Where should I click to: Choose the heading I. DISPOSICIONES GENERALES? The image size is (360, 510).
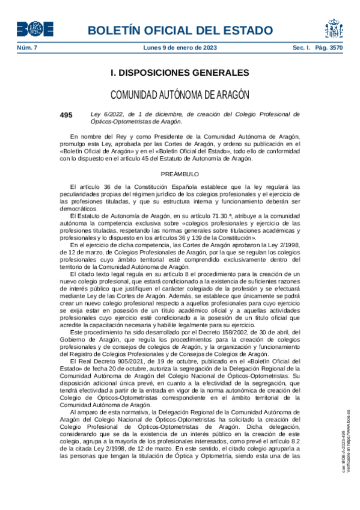(x=180, y=73)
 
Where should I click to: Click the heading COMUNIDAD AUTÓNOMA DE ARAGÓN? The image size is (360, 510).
(x=180, y=95)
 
